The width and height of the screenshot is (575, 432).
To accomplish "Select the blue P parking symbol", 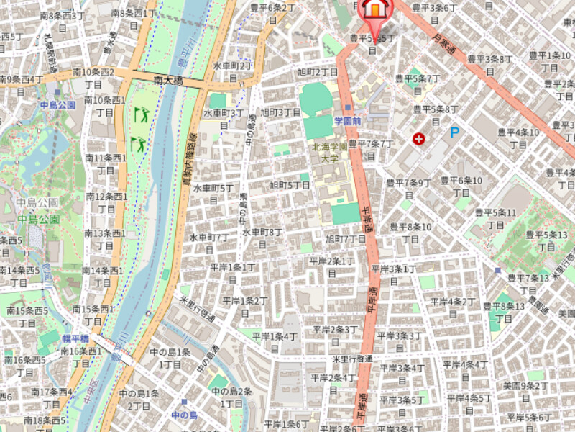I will pyautogui.click(x=454, y=132).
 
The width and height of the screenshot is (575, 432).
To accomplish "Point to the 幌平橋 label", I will pyautogui.click(x=75, y=338).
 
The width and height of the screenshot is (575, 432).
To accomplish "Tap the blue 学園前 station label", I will pyautogui.click(x=347, y=121).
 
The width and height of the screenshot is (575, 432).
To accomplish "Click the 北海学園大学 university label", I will pyautogui.click(x=329, y=152).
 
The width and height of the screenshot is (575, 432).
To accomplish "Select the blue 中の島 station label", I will pyautogui.click(x=184, y=415).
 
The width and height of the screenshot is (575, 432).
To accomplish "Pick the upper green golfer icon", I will pyautogui.click(x=141, y=114).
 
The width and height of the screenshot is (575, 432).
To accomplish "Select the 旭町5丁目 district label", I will pyautogui.click(x=290, y=186).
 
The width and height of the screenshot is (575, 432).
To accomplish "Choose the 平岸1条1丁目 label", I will pyautogui.click(x=232, y=273).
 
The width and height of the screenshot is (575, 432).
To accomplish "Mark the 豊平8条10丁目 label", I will pyautogui.click(x=410, y=233).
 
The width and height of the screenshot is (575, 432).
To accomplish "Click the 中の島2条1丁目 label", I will pyautogui.click(x=231, y=397).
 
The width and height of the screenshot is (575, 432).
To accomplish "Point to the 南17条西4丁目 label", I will pyautogui.click(x=52, y=397).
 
